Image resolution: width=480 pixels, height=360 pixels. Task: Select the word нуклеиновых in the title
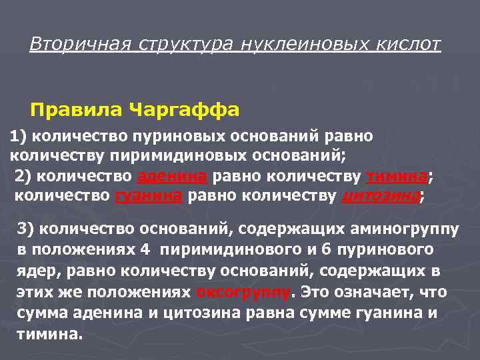point(297,45)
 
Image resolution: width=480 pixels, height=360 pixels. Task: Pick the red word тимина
point(396,176)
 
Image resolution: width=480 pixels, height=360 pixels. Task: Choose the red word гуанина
point(150,196)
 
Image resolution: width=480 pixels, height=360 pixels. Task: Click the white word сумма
point(42,313)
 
